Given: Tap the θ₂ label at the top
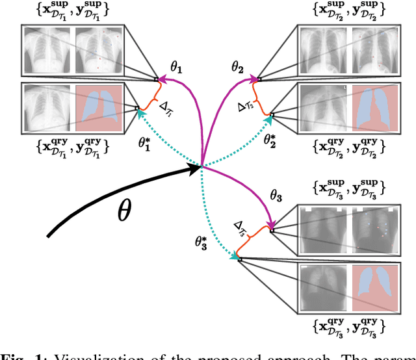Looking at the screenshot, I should tap(238, 66).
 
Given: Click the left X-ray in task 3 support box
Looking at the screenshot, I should tap(321, 229).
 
